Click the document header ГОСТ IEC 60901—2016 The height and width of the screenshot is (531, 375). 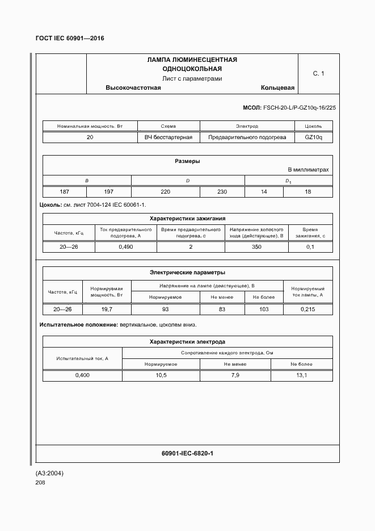click(x=70, y=39)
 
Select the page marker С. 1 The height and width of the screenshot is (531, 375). click(x=318, y=73)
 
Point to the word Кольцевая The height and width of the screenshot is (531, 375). click(x=277, y=88)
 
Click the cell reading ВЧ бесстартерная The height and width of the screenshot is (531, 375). click(x=168, y=137)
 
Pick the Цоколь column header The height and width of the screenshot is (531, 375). click(x=313, y=126)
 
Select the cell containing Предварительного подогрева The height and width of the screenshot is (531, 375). click(x=247, y=137)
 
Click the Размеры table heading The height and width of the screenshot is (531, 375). click(x=187, y=161)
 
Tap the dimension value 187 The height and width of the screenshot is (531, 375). click(x=65, y=192)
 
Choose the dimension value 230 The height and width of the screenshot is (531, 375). click(x=222, y=192)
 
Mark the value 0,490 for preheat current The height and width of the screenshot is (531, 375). click(x=125, y=247)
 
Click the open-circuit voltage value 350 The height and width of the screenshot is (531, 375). click(x=256, y=247)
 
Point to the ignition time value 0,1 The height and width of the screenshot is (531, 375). click(x=310, y=247)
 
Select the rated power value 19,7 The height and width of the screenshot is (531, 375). click(x=107, y=309)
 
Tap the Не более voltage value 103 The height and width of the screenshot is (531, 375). click(x=264, y=309)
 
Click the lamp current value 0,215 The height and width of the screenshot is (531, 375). click(x=308, y=309)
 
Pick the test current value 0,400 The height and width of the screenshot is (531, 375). click(x=82, y=375)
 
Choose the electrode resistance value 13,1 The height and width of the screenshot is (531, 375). click(x=301, y=375)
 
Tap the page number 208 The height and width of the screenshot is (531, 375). click(x=40, y=483)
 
